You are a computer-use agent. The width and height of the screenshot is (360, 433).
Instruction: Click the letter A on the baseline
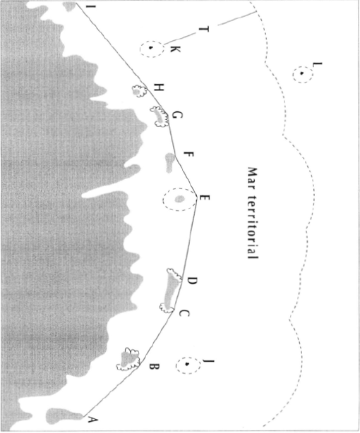(x=93, y=420)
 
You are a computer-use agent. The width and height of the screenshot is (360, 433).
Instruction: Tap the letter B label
(x=155, y=367)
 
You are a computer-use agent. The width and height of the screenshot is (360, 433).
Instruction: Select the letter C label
(x=184, y=313)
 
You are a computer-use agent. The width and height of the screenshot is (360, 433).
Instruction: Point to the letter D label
(x=192, y=281)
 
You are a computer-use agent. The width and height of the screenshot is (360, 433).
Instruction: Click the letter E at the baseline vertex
(x=205, y=197)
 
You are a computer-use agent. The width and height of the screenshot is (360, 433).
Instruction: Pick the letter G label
(x=177, y=115)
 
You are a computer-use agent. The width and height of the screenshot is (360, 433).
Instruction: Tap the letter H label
(x=159, y=88)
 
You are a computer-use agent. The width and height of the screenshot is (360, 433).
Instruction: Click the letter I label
(x=91, y=6)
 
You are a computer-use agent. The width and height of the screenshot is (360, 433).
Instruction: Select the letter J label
(x=209, y=360)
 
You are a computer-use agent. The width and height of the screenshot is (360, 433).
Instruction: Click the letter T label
(x=203, y=30)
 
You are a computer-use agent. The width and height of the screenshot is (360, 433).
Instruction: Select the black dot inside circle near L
(x=302, y=73)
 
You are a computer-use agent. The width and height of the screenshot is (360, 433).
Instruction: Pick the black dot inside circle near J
(x=187, y=364)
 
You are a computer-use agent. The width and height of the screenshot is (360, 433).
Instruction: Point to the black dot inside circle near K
(x=150, y=48)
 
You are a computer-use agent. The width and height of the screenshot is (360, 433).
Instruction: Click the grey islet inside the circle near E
(x=179, y=199)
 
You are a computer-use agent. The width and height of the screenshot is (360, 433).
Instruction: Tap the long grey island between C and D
(x=170, y=291)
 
